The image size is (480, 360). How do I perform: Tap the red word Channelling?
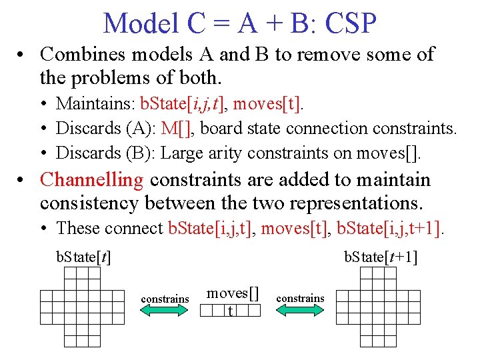[x=92, y=179]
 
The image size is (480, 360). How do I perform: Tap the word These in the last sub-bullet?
[x=76, y=228]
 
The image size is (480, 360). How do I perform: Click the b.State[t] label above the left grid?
[x=83, y=257]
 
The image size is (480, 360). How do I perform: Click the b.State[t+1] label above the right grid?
[x=381, y=257]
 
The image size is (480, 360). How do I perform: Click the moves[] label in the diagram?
[x=232, y=293]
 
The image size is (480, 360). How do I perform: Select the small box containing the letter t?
[x=231, y=311]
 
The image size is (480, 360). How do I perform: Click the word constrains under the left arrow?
[x=165, y=299]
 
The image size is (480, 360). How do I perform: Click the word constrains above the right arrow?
[x=300, y=298]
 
